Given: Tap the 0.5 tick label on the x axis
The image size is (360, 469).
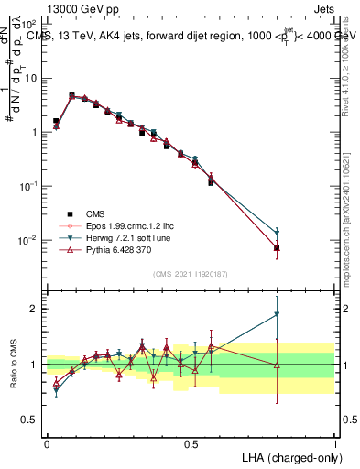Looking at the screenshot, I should tap(191, 443).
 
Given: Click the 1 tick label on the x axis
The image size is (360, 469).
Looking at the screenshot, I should tap(335, 443).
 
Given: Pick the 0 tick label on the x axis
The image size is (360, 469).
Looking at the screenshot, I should tap(47, 443).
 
